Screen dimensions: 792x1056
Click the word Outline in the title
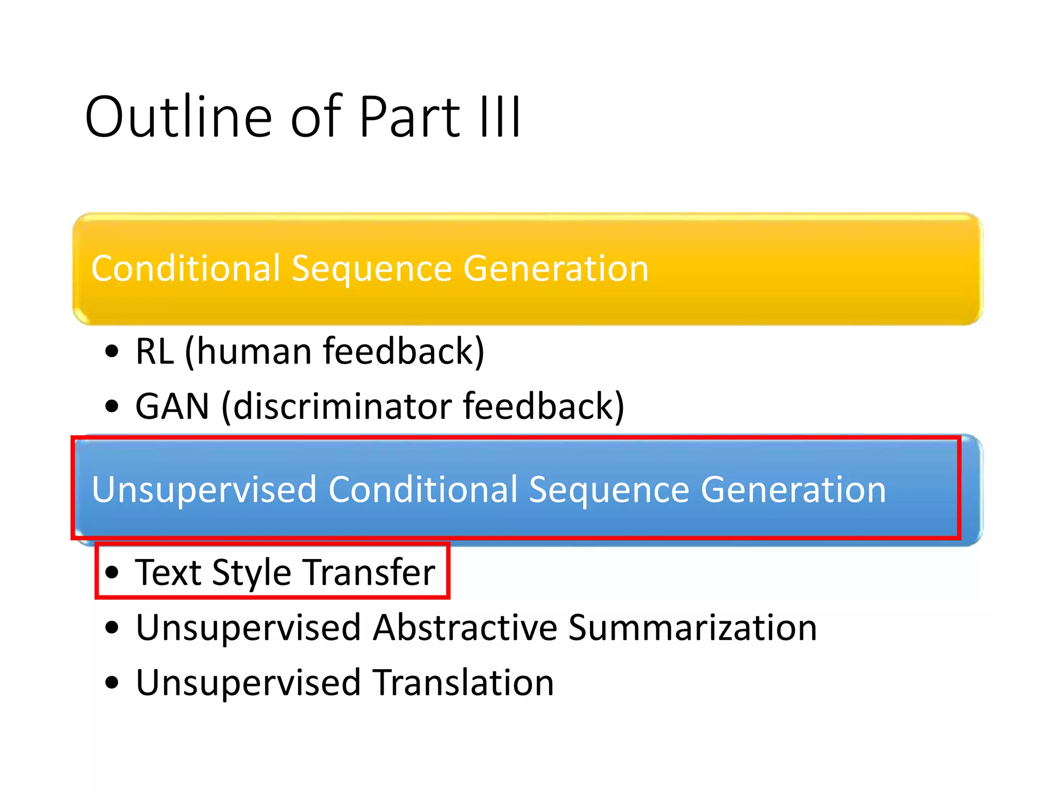178,118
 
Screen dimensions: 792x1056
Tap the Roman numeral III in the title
500,118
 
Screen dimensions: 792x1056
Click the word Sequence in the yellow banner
371,269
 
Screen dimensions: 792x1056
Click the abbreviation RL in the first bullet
154,352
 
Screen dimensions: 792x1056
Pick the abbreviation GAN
172,407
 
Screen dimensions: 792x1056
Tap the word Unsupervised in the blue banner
204,490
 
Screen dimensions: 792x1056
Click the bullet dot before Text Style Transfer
112,572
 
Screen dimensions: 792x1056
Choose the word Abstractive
465,628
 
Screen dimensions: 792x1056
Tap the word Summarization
692,628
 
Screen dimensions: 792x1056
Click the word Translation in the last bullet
463,683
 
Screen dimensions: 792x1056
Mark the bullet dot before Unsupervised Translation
112,683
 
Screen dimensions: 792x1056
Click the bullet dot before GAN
112,406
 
